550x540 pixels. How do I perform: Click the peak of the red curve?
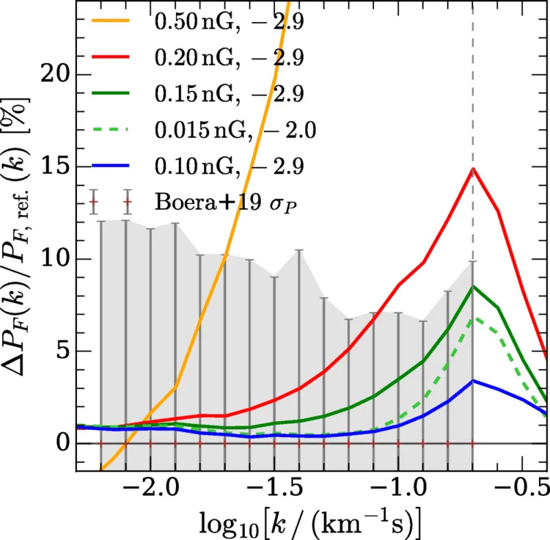tap(473, 169)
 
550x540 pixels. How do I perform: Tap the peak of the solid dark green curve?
tap(473, 287)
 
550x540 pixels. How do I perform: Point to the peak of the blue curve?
tap(473, 381)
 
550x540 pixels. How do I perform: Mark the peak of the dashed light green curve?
tap(473, 319)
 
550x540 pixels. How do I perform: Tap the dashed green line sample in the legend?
tap(113, 129)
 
